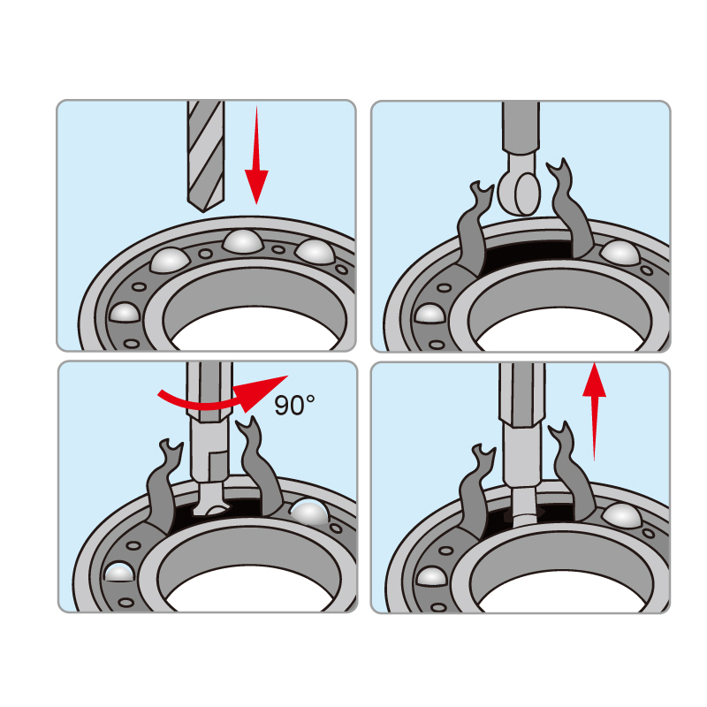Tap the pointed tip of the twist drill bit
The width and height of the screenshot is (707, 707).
tap(204, 211)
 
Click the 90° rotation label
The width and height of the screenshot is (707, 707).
tap(294, 405)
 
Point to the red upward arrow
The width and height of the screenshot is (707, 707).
tap(594, 411)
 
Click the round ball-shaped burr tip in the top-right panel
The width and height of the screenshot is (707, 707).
tap(520, 192)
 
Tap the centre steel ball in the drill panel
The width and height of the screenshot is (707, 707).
tap(242, 241)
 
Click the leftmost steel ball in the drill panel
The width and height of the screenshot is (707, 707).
tap(125, 312)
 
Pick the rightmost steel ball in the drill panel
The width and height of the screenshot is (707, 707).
tap(315, 251)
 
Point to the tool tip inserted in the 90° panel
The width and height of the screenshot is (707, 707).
tap(209, 500)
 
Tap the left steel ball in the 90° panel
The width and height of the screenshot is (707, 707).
tap(119, 572)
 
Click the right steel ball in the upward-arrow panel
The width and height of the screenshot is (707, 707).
tap(622, 515)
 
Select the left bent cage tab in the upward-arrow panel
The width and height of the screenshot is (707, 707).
tap(474, 491)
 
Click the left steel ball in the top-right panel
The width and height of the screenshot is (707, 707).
tap(430, 314)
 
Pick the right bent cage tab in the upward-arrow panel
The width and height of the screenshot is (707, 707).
tap(570, 474)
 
